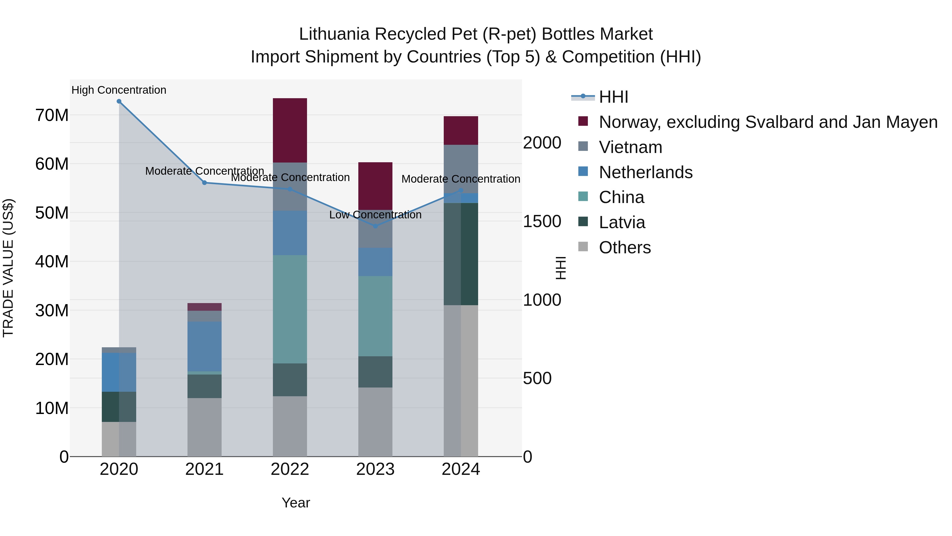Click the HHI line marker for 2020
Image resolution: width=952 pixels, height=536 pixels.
tap(119, 101)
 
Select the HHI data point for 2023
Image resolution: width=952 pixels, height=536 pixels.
tap(376, 226)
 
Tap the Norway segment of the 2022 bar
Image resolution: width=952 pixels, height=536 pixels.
tap(290, 130)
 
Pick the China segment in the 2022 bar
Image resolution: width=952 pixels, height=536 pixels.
tap(290, 309)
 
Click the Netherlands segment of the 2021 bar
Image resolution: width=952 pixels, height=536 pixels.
tap(204, 346)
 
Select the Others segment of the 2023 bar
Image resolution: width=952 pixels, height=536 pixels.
tap(376, 422)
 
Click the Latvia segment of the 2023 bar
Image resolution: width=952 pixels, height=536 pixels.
tap(376, 372)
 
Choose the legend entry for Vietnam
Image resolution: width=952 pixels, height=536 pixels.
tap(630, 147)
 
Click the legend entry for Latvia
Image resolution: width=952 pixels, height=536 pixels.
tap(622, 222)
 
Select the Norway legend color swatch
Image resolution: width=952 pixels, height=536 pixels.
tap(583, 121)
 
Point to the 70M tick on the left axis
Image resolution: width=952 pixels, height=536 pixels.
tap(52, 115)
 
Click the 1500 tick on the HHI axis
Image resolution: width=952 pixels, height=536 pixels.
tap(542, 221)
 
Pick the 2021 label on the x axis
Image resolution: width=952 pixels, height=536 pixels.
tap(204, 469)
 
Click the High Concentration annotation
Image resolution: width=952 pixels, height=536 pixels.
tap(119, 90)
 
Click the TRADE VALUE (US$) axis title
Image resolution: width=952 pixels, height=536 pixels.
tap(8, 268)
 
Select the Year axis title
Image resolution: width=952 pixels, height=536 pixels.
tap(296, 503)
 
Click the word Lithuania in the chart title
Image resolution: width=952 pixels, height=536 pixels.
tap(334, 34)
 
